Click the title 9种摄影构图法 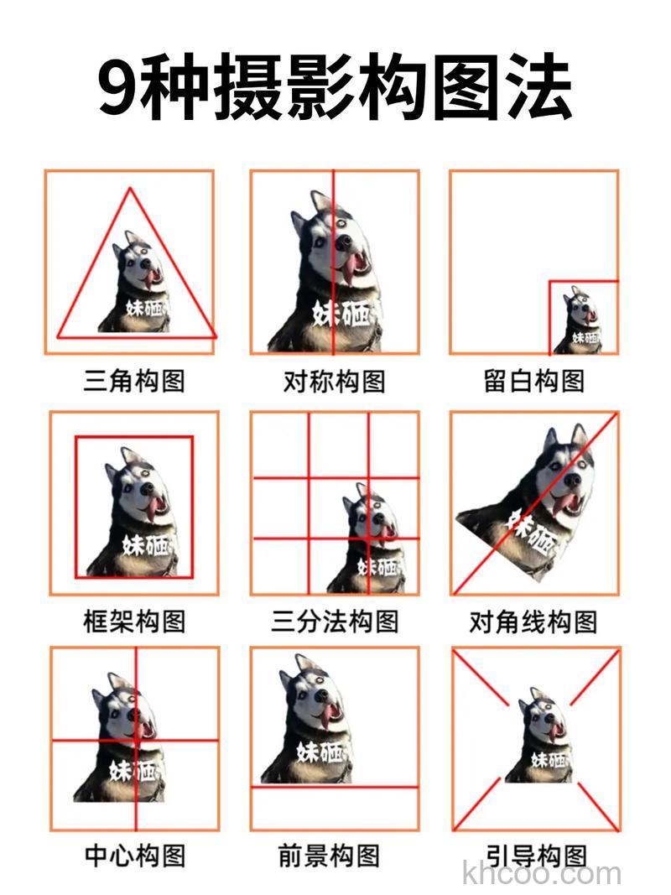(335, 88)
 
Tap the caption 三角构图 (134, 382)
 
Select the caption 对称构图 (335, 382)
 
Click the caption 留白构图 (534, 382)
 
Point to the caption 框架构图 (134, 622)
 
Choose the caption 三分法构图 (335, 622)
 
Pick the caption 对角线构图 (533, 622)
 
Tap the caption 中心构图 (134, 856)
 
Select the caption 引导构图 (534, 856)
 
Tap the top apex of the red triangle (130, 189)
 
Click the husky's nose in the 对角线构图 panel (571, 481)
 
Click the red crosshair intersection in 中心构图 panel (136, 741)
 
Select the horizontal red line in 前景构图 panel (335, 787)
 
